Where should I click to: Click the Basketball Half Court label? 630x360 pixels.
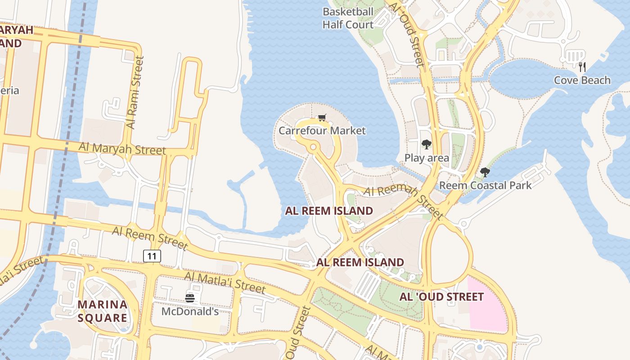click(348, 18)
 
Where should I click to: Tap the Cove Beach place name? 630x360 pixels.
click(582, 81)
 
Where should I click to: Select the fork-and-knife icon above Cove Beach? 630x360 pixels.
click(582, 67)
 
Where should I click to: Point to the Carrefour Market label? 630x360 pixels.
click(322, 131)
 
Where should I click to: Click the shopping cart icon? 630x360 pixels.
click(322, 118)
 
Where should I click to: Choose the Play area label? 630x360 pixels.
click(427, 158)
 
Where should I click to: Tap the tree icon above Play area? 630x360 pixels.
click(426, 144)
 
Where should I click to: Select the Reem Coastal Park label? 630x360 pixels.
click(485, 185)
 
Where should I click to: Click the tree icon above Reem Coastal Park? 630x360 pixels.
click(485, 172)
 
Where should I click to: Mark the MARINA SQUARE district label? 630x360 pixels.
click(102, 311)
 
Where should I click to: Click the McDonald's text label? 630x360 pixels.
click(190, 311)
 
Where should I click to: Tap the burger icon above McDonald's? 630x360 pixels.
click(190, 298)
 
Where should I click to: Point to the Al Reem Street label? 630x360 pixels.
click(149, 238)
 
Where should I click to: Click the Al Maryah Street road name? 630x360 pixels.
click(122, 148)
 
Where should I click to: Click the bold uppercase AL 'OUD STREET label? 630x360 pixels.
click(441, 297)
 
